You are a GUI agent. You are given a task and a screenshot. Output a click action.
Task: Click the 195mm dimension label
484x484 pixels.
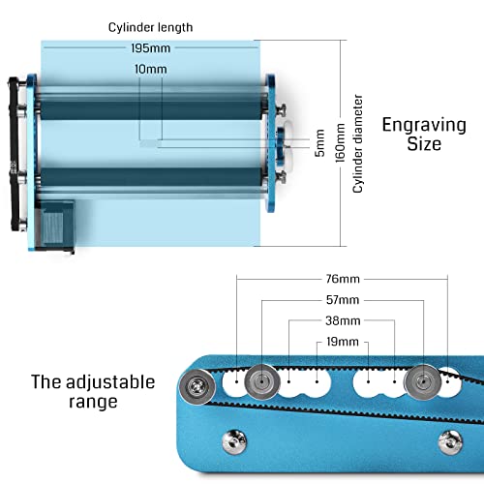coord(149,49)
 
